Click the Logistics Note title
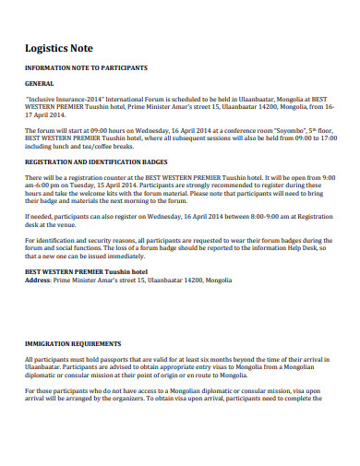pos(60,48)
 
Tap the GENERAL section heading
pos(41,83)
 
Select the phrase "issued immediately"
pos(136,255)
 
